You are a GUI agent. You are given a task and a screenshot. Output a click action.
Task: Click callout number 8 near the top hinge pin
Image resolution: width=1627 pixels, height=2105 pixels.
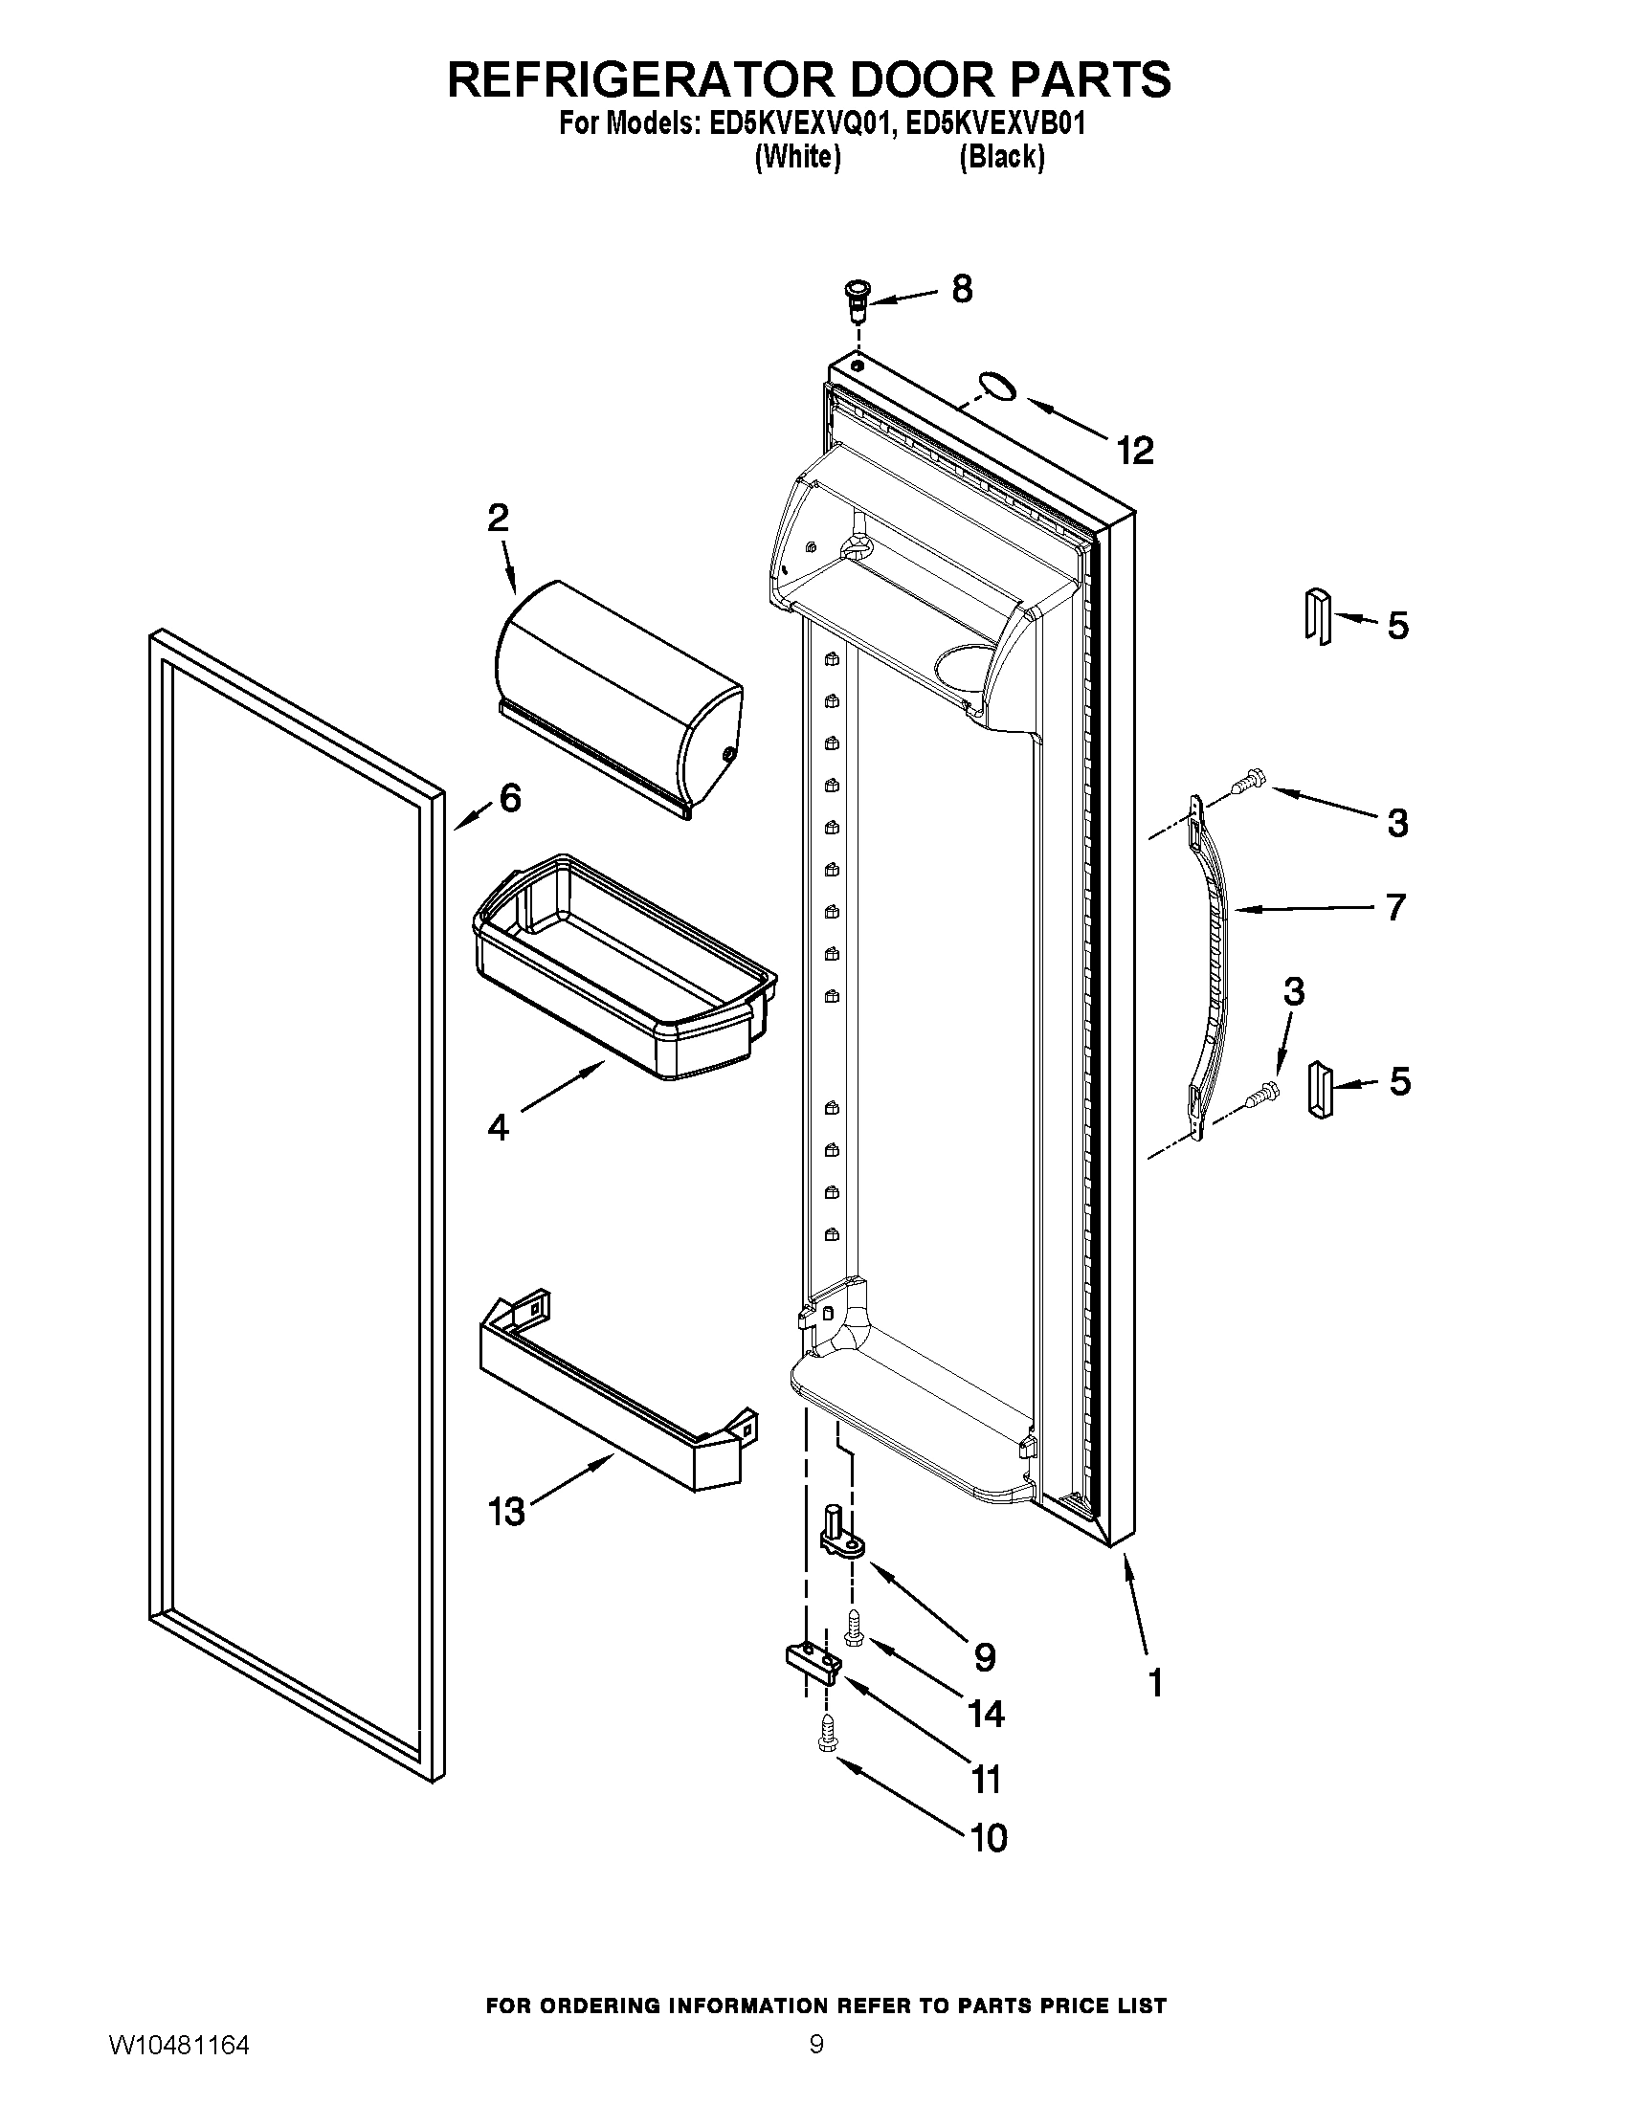(961, 288)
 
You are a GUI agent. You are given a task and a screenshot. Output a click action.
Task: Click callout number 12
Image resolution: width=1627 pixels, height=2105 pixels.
(1134, 450)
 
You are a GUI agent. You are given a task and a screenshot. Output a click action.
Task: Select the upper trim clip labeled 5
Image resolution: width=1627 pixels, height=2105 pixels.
(1318, 614)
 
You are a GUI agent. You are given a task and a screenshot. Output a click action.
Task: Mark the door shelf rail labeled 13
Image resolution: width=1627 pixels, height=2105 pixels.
(617, 1388)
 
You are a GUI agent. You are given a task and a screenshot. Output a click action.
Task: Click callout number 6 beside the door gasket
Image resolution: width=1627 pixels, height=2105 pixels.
(509, 797)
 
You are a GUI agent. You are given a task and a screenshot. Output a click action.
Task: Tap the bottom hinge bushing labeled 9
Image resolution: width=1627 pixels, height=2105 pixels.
(840, 1534)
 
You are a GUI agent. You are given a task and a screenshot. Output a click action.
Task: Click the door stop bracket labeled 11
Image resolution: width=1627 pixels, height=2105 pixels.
(810, 1663)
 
